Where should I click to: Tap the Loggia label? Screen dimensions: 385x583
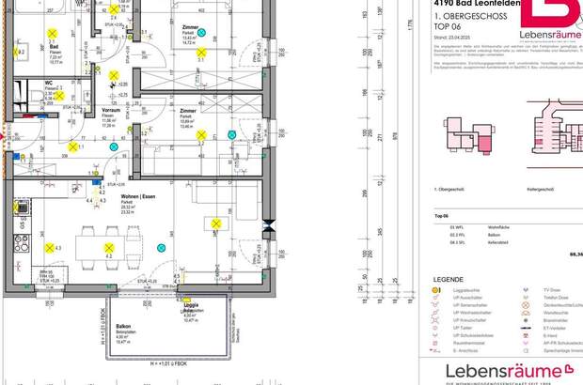coord(190,304)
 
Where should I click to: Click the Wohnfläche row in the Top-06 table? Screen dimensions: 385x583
coord(497,227)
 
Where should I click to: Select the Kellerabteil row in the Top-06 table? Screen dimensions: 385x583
coord(497,242)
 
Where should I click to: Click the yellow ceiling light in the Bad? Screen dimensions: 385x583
coord(21,53)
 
